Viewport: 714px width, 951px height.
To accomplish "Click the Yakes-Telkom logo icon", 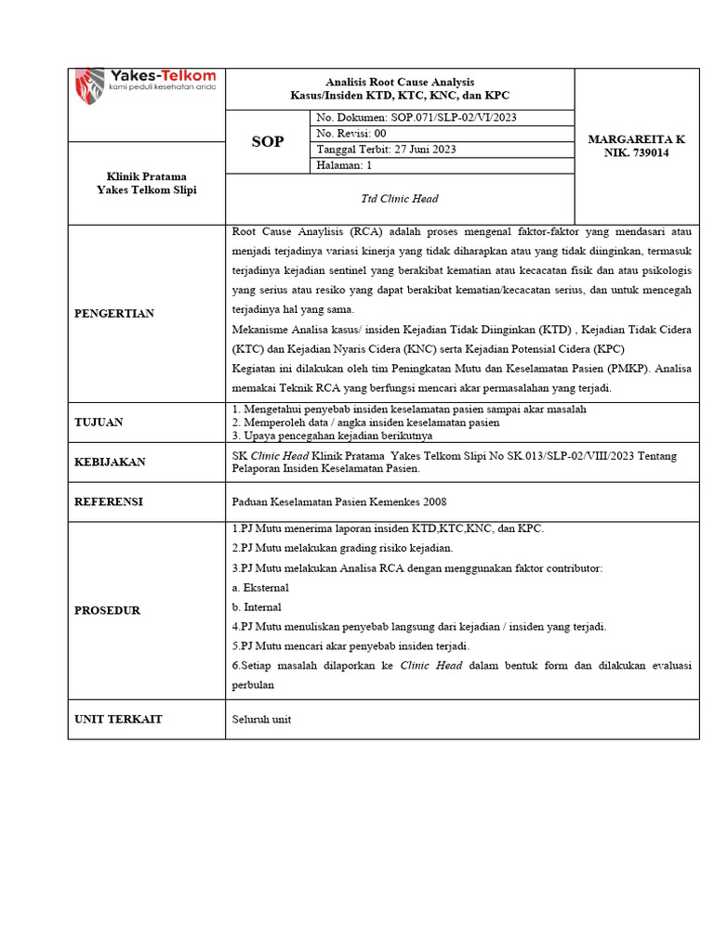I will point(90,85).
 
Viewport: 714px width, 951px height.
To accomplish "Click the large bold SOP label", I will point(268,142).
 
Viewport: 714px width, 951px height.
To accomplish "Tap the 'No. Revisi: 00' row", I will point(351,133).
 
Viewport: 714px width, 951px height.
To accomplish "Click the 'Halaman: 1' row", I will point(344,165).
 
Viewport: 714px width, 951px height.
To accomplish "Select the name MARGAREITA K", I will point(637,139).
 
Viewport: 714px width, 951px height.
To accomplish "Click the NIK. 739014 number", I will point(637,152).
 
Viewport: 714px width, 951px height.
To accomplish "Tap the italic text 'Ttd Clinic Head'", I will point(399,199).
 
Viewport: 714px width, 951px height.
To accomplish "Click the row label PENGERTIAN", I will point(114,314).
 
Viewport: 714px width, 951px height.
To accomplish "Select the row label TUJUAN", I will point(99,423).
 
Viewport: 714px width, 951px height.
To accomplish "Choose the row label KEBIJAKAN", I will point(110,462).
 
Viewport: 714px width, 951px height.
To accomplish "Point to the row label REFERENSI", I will point(109,502).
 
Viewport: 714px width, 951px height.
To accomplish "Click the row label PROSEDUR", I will point(107,610).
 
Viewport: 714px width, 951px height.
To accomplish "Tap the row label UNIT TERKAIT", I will point(117,719).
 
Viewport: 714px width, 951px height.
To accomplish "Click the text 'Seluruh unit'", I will point(261,719).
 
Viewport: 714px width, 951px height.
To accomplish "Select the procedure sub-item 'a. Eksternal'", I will point(260,588).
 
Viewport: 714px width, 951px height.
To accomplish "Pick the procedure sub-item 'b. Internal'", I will point(257,607).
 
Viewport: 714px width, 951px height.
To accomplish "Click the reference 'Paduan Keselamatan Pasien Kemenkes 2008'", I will point(338,502).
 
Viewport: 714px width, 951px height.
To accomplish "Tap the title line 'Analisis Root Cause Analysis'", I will point(400,83).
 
